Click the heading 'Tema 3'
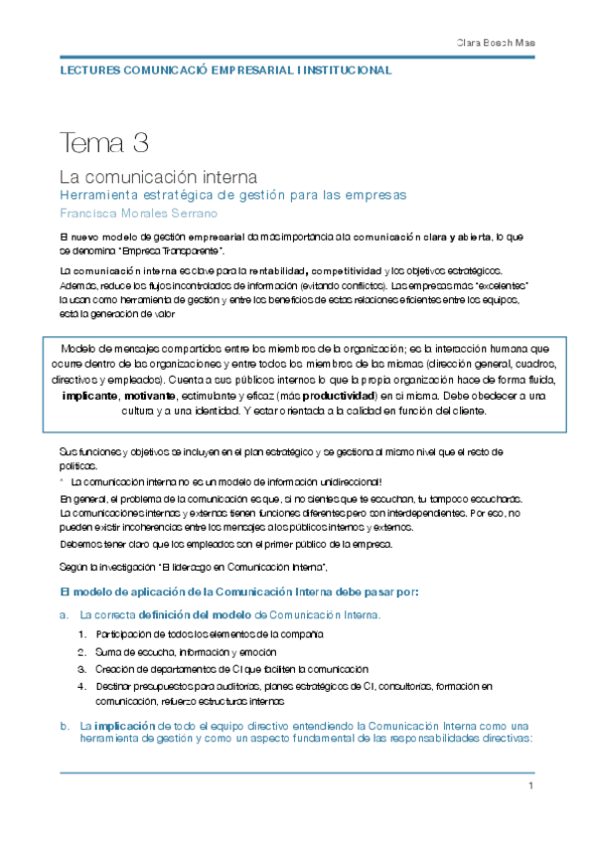[104, 143]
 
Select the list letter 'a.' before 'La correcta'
[65, 615]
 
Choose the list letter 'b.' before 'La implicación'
[65, 726]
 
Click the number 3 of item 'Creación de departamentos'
[82, 670]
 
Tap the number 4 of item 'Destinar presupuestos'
[82, 687]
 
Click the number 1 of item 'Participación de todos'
[82, 634]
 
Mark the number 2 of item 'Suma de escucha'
[82, 652]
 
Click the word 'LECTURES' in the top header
[90, 71]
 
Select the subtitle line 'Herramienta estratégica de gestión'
[220, 195]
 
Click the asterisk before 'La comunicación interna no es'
[63, 481]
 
